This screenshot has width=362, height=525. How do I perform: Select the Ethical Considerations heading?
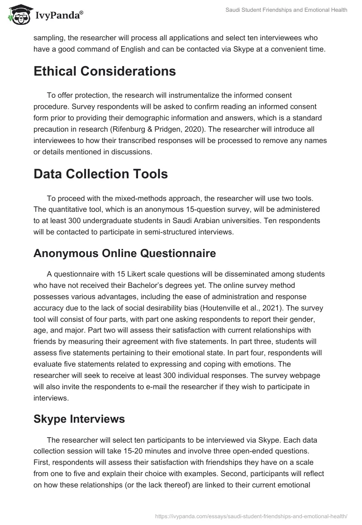[105, 71]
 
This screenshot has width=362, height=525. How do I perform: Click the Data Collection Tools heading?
[100, 174]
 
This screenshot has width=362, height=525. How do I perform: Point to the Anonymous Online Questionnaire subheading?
[124, 253]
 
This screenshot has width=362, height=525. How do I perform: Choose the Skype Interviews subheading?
[79, 419]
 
